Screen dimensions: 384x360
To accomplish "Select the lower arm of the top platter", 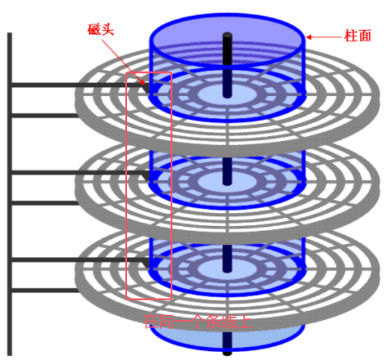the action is coord(45,115).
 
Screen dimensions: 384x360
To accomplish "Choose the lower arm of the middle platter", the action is coord(45,203).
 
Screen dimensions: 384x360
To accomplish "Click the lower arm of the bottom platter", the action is coord(45,291).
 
